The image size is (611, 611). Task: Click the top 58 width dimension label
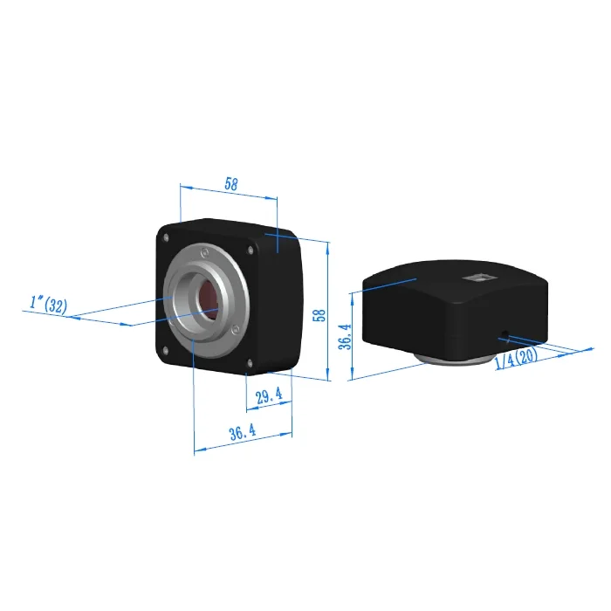[230, 184]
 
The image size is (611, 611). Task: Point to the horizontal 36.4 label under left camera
[242, 431]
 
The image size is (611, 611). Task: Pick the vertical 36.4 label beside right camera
[345, 337]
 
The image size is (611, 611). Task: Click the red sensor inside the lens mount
[209, 297]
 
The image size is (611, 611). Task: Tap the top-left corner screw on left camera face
[166, 235]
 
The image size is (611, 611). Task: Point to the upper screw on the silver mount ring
[203, 251]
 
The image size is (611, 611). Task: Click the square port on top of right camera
[478, 278]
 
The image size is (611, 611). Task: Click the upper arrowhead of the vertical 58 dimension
[328, 245]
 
